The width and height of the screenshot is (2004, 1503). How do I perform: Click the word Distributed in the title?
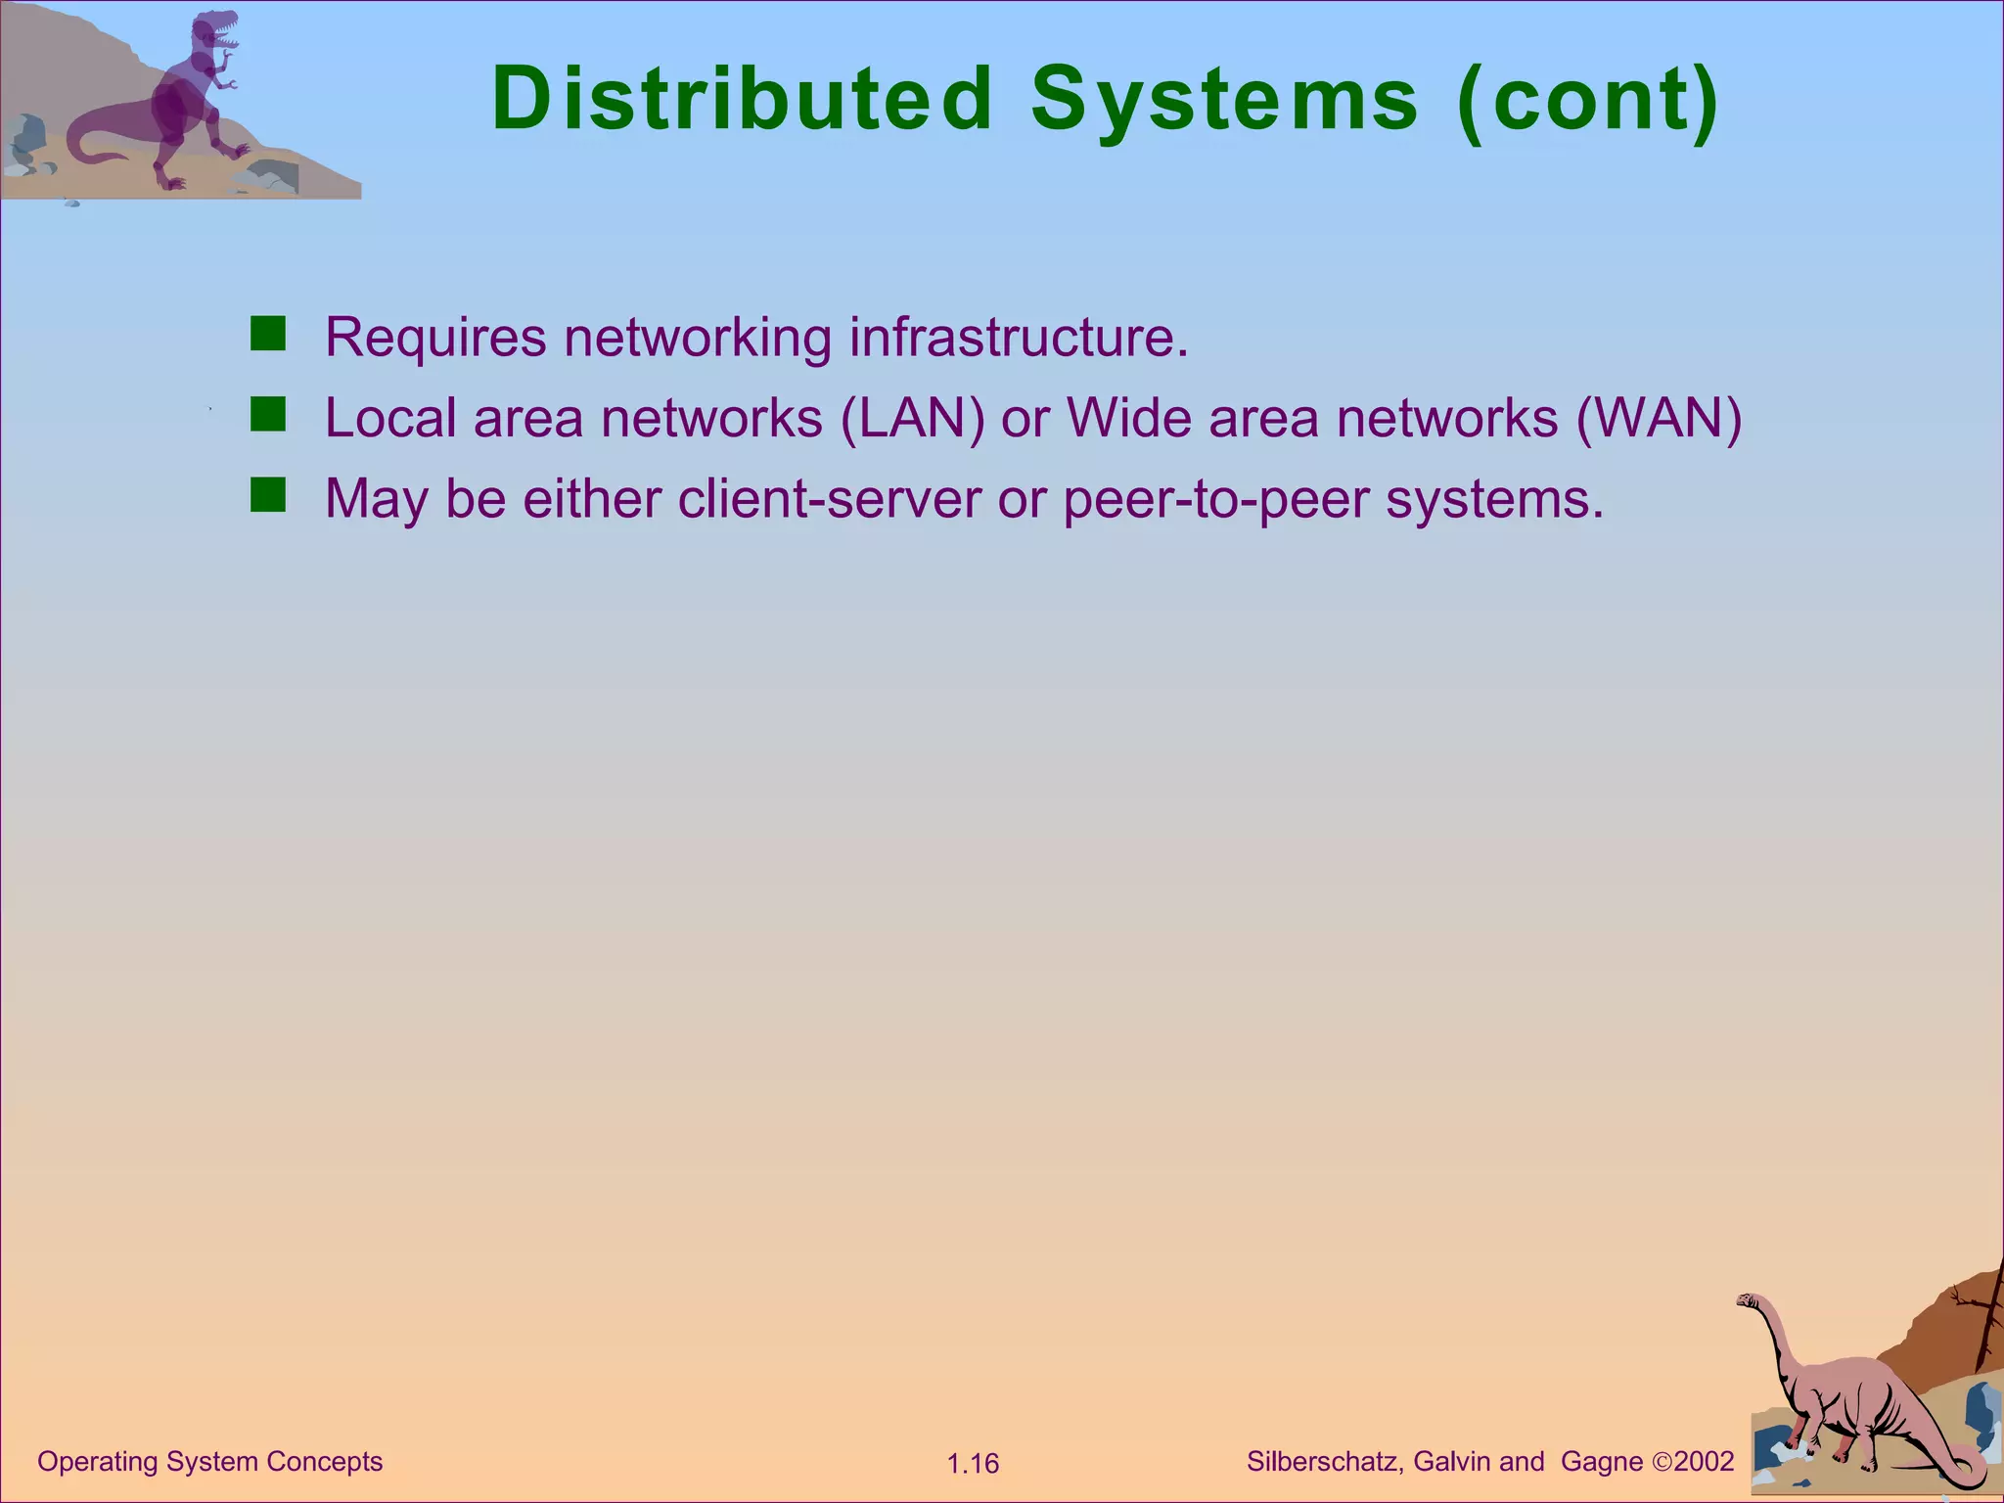click(742, 99)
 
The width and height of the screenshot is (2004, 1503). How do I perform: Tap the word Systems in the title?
click(1223, 99)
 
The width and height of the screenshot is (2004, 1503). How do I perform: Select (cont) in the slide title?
click(1587, 99)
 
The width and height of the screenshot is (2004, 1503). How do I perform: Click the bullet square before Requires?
click(267, 334)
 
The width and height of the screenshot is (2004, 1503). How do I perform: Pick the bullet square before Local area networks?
click(267, 415)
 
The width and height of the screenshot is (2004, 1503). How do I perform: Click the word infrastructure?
click(1018, 338)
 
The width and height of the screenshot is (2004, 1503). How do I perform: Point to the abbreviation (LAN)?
click(912, 419)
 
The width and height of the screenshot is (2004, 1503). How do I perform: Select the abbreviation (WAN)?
click(1659, 419)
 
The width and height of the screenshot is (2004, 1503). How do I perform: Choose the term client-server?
click(829, 499)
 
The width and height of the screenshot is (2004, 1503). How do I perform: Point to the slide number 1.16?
click(973, 1464)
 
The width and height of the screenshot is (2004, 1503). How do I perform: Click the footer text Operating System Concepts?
click(209, 1461)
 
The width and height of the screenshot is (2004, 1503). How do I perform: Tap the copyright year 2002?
click(1704, 1461)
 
